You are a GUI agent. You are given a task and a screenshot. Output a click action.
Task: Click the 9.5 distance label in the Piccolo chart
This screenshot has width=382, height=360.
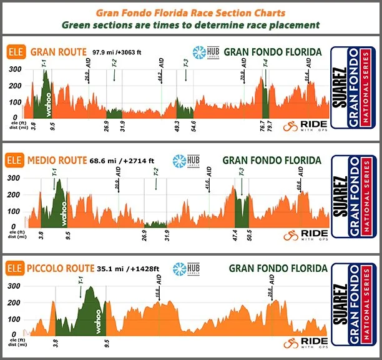point(107,342)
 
